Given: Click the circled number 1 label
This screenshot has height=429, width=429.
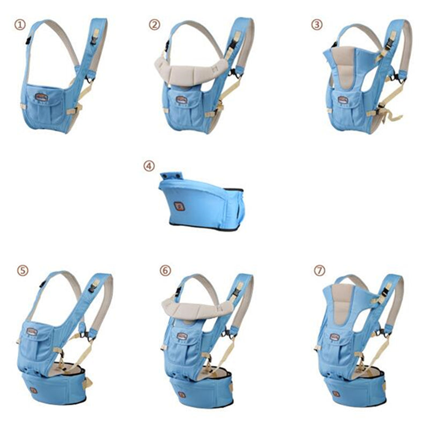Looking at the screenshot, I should [x=20, y=25].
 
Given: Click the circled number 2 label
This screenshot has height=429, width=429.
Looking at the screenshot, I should [x=154, y=24].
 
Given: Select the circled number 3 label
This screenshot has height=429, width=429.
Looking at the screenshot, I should [x=317, y=24].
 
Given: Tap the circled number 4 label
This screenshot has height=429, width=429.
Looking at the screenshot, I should [x=149, y=166].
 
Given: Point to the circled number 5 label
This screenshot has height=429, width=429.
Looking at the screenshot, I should [x=22, y=270].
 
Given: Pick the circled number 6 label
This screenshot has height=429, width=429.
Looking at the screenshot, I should [x=165, y=271].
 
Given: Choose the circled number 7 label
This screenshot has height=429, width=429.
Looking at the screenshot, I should [x=320, y=271].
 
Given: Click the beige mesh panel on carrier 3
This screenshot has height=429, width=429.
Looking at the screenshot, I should [x=344, y=67].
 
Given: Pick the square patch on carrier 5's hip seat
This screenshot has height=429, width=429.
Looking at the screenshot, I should [x=33, y=390].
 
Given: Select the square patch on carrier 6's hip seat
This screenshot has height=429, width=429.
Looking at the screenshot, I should [x=182, y=394].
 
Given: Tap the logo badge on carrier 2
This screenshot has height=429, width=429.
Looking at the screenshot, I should [x=181, y=99].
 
